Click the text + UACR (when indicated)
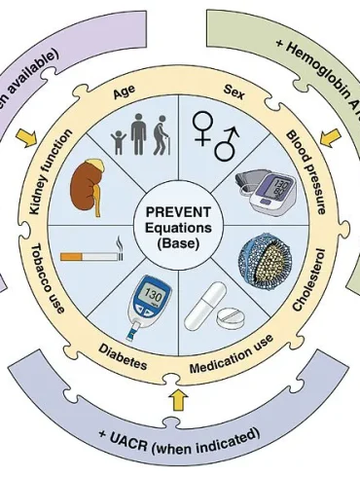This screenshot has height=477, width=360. click(x=181, y=433)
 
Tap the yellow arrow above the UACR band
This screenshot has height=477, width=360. click(x=177, y=398)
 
